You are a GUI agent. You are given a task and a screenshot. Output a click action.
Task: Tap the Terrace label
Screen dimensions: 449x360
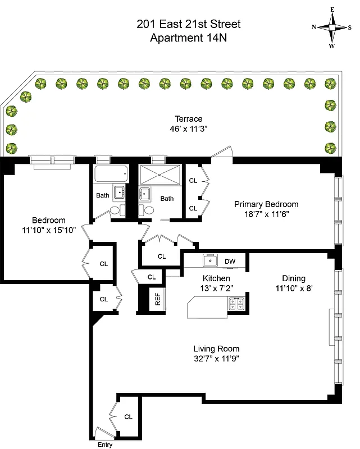tap(188, 119)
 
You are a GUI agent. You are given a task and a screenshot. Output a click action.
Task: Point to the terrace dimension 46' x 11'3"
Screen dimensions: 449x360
tap(188, 129)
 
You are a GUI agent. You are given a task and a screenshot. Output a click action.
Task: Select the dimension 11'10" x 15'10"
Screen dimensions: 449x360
tap(48, 230)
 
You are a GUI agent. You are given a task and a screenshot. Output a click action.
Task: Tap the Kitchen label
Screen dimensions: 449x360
tap(216, 278)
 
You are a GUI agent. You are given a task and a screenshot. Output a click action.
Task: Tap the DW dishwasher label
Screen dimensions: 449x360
tap(230, 261)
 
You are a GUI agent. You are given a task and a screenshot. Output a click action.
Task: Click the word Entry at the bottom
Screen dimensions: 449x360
tap(104, 445)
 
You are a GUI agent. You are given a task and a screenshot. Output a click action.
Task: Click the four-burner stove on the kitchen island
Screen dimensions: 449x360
tap(236, 305)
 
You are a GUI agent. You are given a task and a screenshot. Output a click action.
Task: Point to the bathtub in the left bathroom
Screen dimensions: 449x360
tap(111, 175)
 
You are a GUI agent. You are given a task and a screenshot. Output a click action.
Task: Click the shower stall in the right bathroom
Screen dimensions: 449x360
tap(160, 175)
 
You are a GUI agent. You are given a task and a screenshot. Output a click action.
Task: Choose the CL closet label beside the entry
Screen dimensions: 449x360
tap(128, 417)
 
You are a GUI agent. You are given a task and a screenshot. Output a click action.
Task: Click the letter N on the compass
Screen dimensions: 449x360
tap(314, 27)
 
